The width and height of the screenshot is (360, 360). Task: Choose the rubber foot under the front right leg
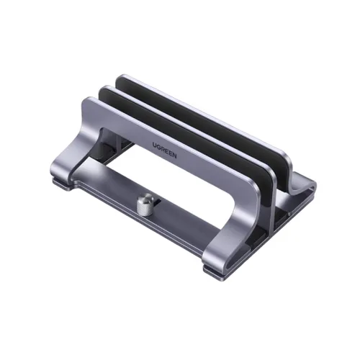click(x=215, y=271)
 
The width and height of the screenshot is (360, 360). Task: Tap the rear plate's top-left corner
click(x=121, y=78)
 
